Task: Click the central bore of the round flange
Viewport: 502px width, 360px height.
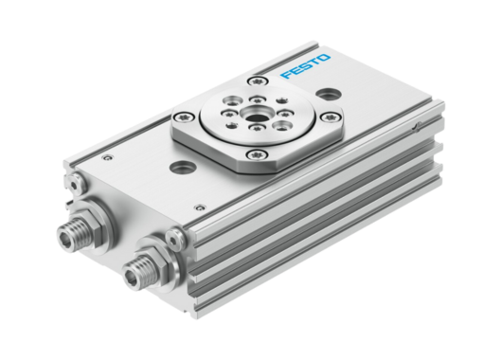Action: (x=254, y=119)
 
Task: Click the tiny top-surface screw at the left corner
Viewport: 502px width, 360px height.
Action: (x=107, y=156)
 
